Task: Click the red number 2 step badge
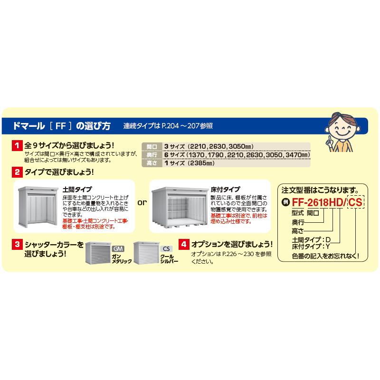[18, 171]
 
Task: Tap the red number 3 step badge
[18, 245]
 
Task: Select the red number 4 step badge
[184, 245]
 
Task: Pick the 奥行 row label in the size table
[152, 155]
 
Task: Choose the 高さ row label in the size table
[152, 163]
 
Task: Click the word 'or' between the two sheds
[142, 203]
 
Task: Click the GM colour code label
[118, 249]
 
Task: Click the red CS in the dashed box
[355, 202]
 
